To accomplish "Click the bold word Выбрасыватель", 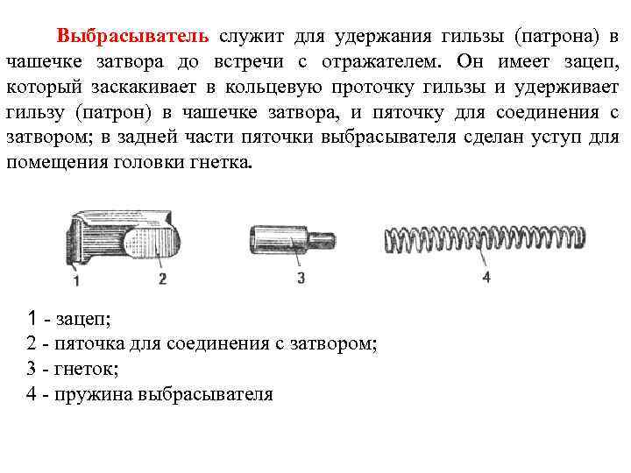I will point(132,37).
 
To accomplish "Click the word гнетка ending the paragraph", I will point(219,164).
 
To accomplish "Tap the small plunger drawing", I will point(290,237).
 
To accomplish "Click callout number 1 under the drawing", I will point(76,280).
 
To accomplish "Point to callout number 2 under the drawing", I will point(162,279).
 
